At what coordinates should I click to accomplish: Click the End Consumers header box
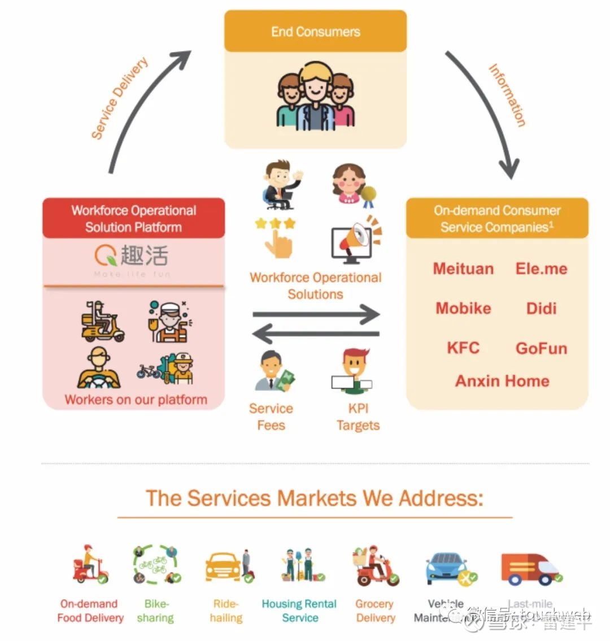(x=315, y=32)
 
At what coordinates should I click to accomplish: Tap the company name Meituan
(x=463, y=268)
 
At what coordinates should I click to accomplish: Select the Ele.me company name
(x=541, y=268)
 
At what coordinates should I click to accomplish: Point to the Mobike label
(x=463, y=308)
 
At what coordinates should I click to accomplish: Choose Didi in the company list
(x=541, y=308)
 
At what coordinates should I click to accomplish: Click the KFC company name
(x=463, y=347)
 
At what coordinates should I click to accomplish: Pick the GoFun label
(x=541, y=348)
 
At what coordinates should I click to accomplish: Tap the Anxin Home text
(x=502, y=380)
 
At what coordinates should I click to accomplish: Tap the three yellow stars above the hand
(x=275, y=223)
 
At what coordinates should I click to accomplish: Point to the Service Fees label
(x=271, y=417)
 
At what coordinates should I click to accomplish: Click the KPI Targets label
(x=358, y=417)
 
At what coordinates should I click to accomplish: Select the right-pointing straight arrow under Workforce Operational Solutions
(x=316, y=314)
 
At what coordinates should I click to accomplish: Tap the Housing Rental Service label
(x=299, y=611)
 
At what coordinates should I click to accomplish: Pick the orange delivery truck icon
(x=529, y=568)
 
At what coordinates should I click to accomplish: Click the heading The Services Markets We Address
(x=315, y=498)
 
